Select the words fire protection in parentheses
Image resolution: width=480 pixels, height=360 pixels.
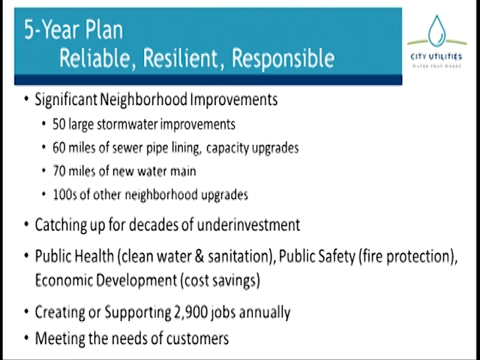coord(416,256)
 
